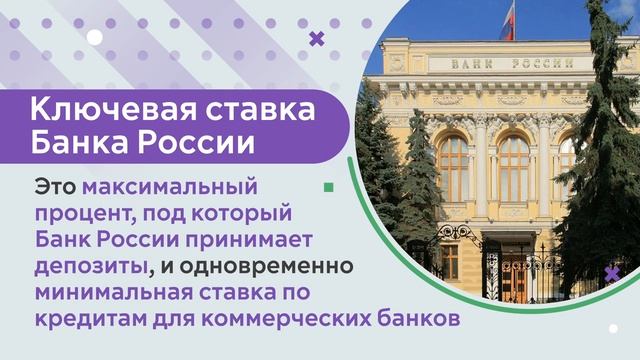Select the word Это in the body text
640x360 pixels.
(55, 187)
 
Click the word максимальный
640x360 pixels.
(170, 188)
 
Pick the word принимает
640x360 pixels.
(249, 240)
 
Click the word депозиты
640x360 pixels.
(91, 267)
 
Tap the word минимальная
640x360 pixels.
(113, 293)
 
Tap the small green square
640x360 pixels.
(329, 187)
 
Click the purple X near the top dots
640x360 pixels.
(317, 38)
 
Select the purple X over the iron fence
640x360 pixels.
(612, 274)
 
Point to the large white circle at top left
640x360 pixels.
(94, 37)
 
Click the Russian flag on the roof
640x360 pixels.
(507, 25)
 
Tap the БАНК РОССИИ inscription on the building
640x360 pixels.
(513, 64)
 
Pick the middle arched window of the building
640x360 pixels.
(514, 169)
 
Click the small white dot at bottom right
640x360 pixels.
(613, 328)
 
